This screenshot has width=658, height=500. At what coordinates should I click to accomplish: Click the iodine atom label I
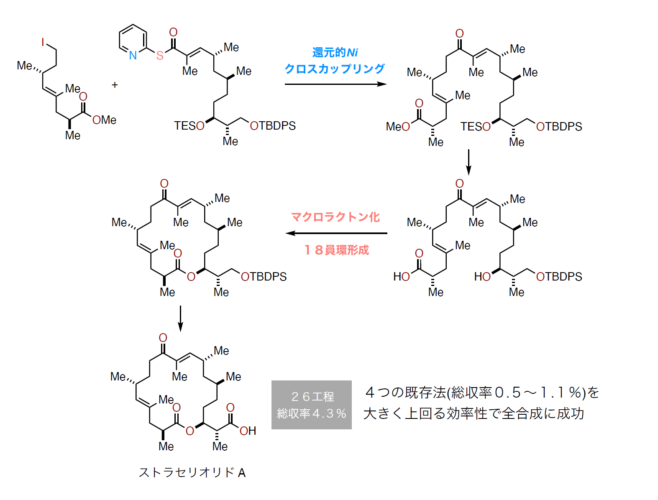pyautogui.click(x=43, y=42)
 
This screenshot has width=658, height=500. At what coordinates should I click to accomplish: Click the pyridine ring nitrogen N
pyautogui.click(x=133, y=55)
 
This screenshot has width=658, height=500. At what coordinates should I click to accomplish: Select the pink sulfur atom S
pyautogui.click(x=159, y=56)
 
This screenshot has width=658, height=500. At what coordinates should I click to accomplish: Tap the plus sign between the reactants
pyautogui.click(x=115, y=85)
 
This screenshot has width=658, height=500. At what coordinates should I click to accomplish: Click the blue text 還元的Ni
pyautogui.click(x=335, y=53)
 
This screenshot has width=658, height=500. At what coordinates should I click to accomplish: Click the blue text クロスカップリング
pyautogui.click(x=334, y=69)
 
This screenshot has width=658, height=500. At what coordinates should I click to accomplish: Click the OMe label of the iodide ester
pyautogui.click(x=105, y=120)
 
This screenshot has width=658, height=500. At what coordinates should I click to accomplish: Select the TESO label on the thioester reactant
pyautogui.click(x=189, y=126)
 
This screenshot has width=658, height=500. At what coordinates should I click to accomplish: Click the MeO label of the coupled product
pyautogui.click(x=398, y=126)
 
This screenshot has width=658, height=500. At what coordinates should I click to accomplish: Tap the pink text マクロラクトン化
pyautogui.click(x=335, y=217)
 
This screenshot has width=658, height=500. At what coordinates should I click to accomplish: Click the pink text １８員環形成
pyautogui.click(x=336, y=250)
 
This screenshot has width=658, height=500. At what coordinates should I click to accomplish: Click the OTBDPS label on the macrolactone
pyautogui.click(x=264, y=277)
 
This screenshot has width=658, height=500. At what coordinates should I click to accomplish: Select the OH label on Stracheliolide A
pyautogui.click(x=248, y=431)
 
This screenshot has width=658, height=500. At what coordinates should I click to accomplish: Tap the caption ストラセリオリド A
pyautogui.click(x=192, y=472)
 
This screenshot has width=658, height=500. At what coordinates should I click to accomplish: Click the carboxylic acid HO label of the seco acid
pyautogui.click(x=402, y=277)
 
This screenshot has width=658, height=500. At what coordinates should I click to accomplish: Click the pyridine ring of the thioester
pyautogui.click(x=133, y=40)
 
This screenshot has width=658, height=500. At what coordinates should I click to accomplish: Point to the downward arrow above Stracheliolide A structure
pyautogui.click(x=180, y=319)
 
